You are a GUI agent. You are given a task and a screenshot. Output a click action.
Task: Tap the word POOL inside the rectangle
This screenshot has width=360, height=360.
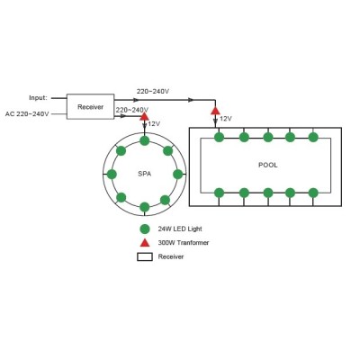click(268, 165)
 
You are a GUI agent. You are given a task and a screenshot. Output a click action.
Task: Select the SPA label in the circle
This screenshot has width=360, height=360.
click(145, 174)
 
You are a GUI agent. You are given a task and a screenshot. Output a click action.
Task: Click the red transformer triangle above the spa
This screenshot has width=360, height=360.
click(144, 116)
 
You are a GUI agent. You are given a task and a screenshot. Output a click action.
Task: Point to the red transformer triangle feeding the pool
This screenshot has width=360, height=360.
click(215, 111)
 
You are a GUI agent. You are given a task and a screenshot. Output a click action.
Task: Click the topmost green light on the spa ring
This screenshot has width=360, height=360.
click(145, 140)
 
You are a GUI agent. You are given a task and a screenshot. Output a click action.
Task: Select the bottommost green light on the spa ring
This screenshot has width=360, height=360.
click(145, 207)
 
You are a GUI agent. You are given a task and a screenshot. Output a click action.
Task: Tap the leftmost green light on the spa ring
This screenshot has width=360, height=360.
click(112, 174)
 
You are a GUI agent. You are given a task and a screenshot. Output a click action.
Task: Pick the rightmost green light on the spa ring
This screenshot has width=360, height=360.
click(178, 174)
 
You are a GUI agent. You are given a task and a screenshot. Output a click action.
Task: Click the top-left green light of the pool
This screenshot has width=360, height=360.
click(219, 138)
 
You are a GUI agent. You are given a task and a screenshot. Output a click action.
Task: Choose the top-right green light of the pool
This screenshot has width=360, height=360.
click(313, 137)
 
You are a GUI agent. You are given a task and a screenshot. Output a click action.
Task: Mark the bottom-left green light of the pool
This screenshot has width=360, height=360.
click(219, 193)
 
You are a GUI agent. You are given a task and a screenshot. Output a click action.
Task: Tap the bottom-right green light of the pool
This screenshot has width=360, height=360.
click(313, 193)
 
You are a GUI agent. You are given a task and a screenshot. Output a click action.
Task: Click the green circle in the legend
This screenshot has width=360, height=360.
click(145, 229)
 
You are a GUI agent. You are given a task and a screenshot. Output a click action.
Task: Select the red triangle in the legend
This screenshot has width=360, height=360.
click(145, 243)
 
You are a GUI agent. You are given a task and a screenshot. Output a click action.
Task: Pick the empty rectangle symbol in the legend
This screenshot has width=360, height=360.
click(145, 257)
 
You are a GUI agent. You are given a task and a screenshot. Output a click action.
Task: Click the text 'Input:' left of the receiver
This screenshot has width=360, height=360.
click(38, 98)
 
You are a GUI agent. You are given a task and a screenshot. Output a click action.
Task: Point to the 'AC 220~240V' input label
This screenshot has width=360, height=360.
click(27, 114)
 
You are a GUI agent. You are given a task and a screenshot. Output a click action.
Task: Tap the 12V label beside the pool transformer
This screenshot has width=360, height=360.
click(226, 119)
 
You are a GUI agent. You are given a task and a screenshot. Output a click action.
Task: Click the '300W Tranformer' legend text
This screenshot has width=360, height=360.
click(184, 243)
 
